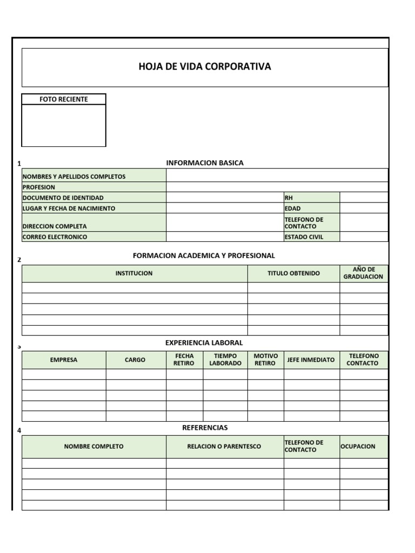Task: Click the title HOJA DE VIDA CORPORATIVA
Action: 205,67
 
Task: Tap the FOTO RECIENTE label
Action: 64,99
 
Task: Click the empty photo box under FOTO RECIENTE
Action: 64,125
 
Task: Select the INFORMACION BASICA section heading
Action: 205,163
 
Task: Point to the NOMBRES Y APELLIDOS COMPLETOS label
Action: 74,177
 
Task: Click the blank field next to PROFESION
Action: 277,187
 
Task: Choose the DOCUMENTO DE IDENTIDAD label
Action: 63,198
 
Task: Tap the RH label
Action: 289,198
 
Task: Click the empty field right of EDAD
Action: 364,208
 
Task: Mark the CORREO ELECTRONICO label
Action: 55,237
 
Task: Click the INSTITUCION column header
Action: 134,273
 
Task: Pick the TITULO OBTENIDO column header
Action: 293,273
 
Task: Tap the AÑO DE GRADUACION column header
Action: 363,273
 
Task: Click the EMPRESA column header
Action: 64,360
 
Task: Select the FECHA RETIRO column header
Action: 184,360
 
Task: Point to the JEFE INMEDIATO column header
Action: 311,360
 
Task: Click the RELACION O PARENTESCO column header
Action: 224,447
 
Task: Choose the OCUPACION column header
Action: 358,447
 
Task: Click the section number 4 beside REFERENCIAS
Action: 19,430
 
